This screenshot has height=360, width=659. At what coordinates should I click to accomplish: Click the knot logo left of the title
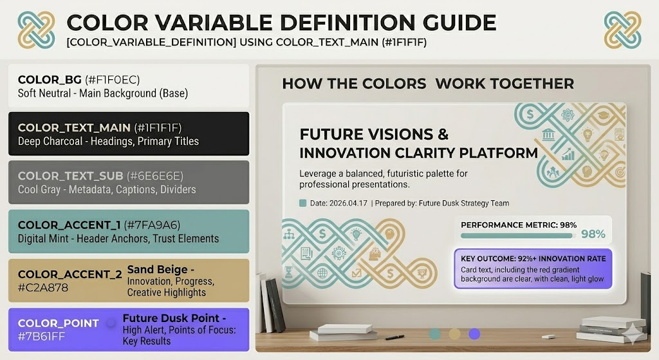[36, 30]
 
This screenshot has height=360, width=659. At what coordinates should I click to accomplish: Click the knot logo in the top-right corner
[622, 30]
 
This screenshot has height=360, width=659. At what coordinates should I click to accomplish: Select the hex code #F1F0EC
[112, 80]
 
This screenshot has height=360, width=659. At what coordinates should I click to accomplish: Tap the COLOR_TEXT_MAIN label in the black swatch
[74, 128]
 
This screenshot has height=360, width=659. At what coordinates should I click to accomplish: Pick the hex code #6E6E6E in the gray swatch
[155, 176]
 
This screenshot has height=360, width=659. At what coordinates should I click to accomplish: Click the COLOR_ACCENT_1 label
[70, 225]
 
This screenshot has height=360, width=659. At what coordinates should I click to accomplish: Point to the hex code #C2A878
[43, 288]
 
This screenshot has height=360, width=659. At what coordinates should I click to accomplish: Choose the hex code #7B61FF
[41, 337]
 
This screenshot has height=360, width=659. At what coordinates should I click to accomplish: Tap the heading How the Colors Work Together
[428, 84]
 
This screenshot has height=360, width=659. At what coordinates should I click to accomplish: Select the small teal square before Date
[302, 203]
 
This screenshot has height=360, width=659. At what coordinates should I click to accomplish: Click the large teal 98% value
[593, 234]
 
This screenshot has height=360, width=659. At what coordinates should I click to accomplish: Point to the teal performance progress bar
[517, 236]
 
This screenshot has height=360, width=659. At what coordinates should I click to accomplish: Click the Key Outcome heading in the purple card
[534, 259]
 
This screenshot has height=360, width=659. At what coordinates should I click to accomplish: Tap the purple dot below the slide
[474, 334]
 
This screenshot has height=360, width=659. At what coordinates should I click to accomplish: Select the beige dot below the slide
[455, 334]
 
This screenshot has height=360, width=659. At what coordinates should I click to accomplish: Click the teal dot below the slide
[435, 334]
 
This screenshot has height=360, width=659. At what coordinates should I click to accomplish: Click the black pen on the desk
[394, 337]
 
